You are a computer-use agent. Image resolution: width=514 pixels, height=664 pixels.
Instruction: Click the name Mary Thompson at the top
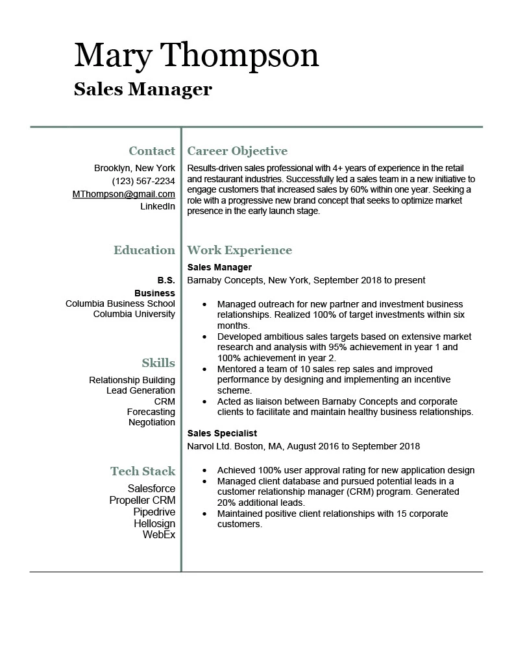click(x=196, y=56)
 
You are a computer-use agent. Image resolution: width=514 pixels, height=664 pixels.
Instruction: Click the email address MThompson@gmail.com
click(x=124, y=194)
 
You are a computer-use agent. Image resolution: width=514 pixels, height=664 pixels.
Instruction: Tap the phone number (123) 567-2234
click(x=143, y=181)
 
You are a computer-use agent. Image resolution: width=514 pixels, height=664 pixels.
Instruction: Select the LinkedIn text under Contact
click(x=158, y=206)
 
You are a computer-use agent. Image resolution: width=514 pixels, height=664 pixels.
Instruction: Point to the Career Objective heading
click(x=237, y=151)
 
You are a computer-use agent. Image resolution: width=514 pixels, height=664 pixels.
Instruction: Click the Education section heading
click(x=144, y=250)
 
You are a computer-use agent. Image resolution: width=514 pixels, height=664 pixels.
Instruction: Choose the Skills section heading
click(x=158, y=362)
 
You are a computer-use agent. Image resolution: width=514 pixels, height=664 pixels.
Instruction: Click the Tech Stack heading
click(x=143, y=471)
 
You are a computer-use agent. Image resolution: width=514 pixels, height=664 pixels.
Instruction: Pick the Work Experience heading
click(x=239, y=250)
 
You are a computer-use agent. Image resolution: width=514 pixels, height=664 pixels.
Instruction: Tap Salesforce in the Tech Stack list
click(x=151, y=488)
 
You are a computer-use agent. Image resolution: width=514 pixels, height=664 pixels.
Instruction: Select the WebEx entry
click(x=159, y=535)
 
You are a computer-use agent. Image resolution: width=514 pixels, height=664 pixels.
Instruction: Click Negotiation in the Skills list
click(x=152, y=422)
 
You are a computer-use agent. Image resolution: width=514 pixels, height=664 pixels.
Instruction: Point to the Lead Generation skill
click(x=141, y=390)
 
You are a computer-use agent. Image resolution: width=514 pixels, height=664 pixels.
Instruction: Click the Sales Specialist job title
click(x=222, y=433)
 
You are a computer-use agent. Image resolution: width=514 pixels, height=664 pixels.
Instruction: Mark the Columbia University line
click(x=134, y=314)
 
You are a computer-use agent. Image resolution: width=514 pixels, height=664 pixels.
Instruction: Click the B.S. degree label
click(x=166, y=280)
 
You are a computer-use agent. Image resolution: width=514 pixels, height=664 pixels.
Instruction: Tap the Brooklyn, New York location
click(x=134, y=168)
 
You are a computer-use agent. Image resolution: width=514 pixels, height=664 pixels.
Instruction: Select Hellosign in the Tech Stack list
click(x=154, y=523)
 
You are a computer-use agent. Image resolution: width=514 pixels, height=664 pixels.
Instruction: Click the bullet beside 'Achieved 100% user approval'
click(x=205, y=470)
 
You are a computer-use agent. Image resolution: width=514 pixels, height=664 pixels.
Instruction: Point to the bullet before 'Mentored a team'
click(x=205, y=369)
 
